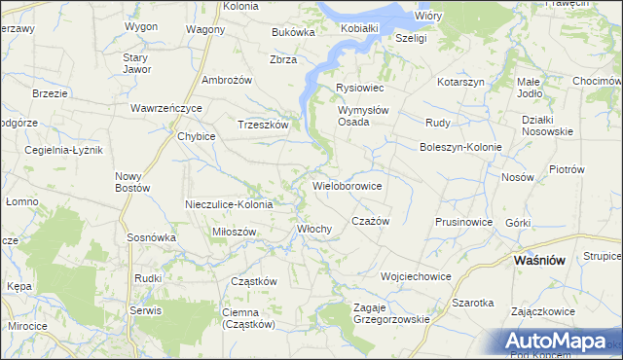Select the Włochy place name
314,229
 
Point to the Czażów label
370,221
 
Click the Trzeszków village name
263,125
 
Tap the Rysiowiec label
360,88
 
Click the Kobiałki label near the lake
359,28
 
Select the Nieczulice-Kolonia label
230,204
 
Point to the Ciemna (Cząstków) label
248,318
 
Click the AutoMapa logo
557,342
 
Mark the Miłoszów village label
234,232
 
